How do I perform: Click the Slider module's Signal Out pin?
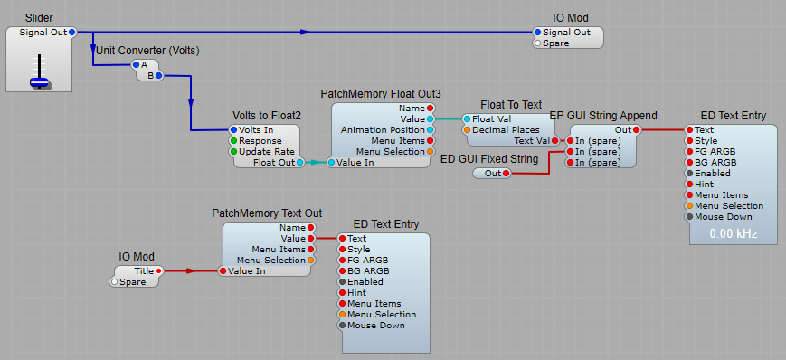(x=72, y=32)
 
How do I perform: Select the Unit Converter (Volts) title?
(x=147, y=50)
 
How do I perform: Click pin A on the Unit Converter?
(x=136, y=64)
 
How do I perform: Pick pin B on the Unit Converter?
(x=159, y=75)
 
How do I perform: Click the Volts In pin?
(x=232, y=129)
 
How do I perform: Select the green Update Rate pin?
(x=232, y=151)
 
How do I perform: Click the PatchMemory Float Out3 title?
(x=381, y=94)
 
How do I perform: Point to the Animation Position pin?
(x=430, y=129)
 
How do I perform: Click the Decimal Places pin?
(x=467, y=129)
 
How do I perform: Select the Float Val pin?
(x=467, y=118)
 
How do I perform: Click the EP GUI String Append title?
(x=603, y=116)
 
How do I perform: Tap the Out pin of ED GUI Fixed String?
(x=506, y=173)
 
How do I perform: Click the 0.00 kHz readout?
(x=734, y=233)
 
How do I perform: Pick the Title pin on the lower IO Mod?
(x=159, y=270)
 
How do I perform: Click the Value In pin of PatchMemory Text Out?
(x=222, y=270)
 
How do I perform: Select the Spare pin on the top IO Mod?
(x=537, y=43)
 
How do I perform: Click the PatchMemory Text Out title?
(x=267, y=213)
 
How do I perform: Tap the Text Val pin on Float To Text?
(x=554, y=140)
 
